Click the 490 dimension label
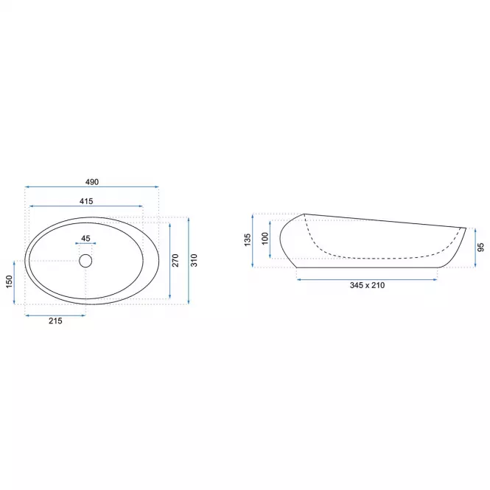click(92, 182)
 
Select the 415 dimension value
click(86, 201)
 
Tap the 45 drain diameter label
click(85, 239)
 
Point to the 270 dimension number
click(175, 260)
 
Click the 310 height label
click(194, 260)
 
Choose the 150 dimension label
click(9, 281)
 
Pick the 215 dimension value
click(55, 321)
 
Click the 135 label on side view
click(248, 239)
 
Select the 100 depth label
click(265, 239)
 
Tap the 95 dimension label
click(481, 247)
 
